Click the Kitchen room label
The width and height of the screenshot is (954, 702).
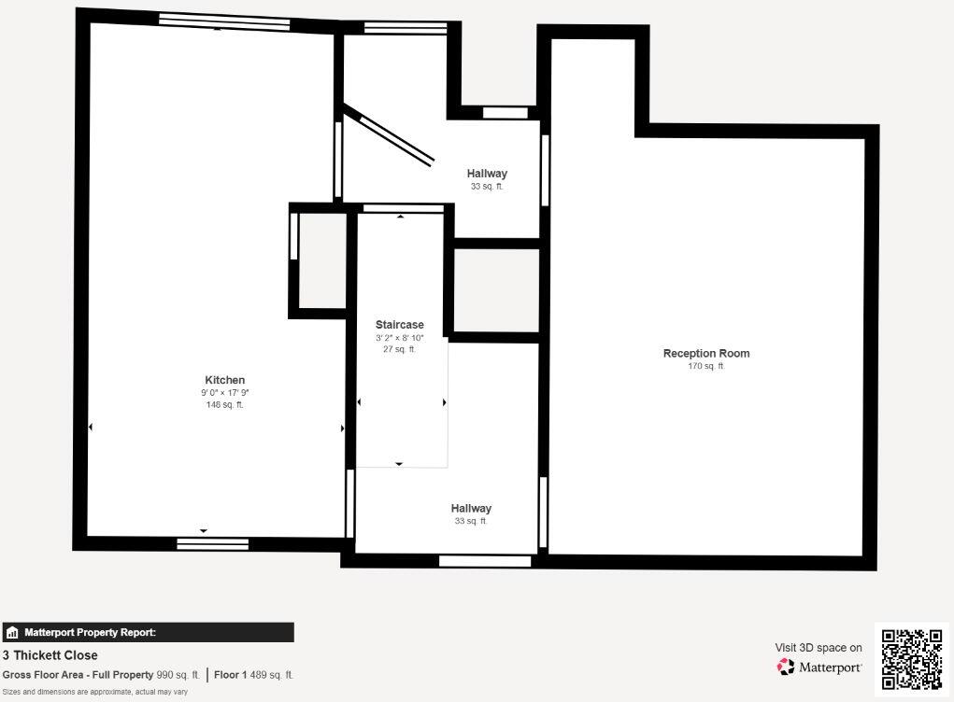tap(225, 380)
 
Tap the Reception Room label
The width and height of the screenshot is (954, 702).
tap(706, 353)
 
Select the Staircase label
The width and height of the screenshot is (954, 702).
tap(400, 325)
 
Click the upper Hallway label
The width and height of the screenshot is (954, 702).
tap(487, 174)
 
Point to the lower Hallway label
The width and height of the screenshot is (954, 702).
tap(471, 509)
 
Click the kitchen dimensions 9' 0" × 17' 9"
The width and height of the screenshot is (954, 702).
tap(225, 393)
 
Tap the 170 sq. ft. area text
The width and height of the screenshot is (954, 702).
tap(706, 366)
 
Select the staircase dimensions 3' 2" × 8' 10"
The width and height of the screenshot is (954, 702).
tap(400, 337)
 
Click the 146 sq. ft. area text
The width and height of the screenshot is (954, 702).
tap(225, 405)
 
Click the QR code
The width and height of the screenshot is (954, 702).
tap(912, 660)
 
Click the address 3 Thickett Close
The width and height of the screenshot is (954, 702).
tap(50, 655)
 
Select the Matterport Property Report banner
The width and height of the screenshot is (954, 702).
tap(148, 633)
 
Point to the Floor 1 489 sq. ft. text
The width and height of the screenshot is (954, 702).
tap(253, 675)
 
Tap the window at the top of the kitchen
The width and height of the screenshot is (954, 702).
tap(223, 21)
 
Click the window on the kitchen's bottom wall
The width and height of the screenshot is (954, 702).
tap(213, 543)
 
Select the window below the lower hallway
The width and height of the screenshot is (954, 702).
tap(485, 561)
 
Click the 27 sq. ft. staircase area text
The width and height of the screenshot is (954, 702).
tap(400, 349)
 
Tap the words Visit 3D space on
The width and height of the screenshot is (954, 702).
tap(819, 647)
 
